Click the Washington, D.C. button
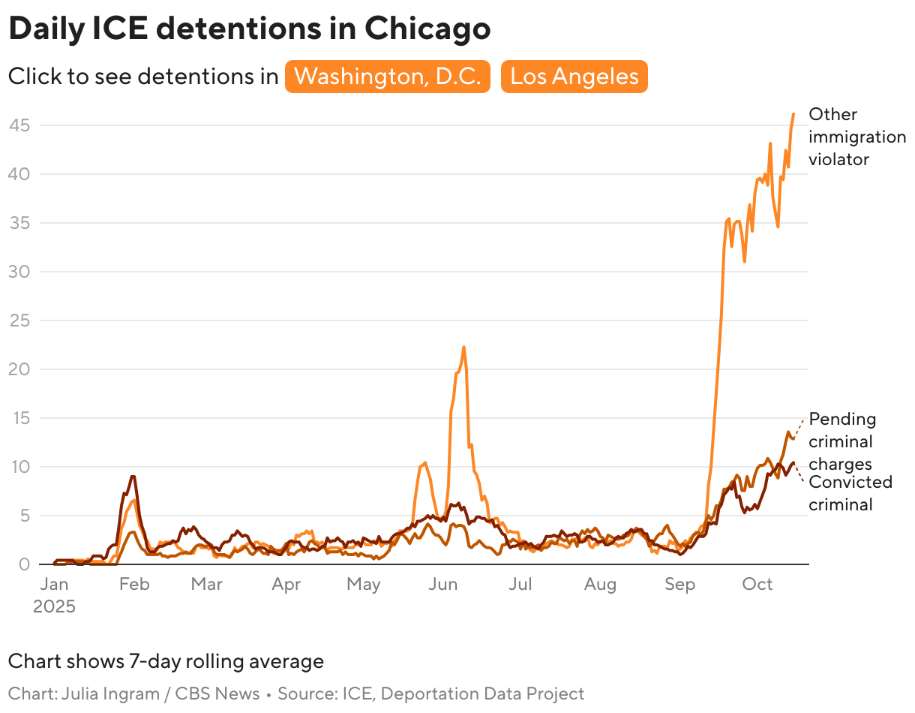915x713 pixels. click(x=387, y=77)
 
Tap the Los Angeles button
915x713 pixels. click(x=574, y=77)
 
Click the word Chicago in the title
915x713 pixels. click(x=427, y=29)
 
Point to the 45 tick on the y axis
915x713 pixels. click(x=19, y=125)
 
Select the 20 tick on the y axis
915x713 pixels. click(x=19, y=369)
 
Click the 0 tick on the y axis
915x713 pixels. click(x=25, y=564)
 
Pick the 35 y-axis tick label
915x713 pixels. click(x=19, y=223)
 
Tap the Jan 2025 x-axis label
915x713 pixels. click(x=54, y=594)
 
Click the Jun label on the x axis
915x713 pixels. click(x=442, y=585)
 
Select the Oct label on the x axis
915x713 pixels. click(x=757, y=585)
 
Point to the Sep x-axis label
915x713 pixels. click(x=679, y=585)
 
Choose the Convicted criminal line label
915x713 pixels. click(x=850, y=493)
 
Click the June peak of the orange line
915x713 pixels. click(x=464, y=347)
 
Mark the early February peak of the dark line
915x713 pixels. click(x=133, y=477)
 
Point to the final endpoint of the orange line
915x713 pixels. click(x=793, y=114)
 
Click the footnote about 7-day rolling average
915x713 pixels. click(x=166, y=661)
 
